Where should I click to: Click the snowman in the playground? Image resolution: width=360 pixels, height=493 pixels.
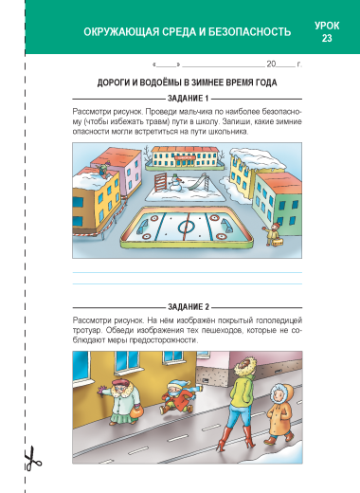click(176, 184)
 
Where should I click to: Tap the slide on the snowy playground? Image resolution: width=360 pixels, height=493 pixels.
click(200, 183)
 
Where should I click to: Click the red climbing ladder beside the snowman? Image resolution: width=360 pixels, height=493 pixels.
click(160, 182)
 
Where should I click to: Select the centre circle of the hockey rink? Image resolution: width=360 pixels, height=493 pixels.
click(187, 226)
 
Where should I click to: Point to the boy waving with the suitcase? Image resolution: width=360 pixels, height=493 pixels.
click(272, 234)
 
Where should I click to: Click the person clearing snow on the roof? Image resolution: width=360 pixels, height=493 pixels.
click(102, 169)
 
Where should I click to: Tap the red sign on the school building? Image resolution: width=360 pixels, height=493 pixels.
click(184, 156)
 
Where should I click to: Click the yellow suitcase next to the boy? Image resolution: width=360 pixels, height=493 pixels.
click(278, 242)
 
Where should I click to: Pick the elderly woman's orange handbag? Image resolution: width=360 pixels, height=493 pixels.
click(136, 411)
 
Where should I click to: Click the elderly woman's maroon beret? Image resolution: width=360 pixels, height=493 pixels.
click(120, 383)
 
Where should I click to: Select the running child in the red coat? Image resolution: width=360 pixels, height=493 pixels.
click(178, 397)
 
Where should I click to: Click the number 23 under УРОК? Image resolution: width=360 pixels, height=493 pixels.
click(327, 38)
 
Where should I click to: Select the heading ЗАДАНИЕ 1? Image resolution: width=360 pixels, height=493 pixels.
click(188, 99)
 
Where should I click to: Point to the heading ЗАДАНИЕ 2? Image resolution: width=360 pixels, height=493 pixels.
click(189, 307)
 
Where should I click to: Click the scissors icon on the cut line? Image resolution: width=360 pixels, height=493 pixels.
click(32, 459)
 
